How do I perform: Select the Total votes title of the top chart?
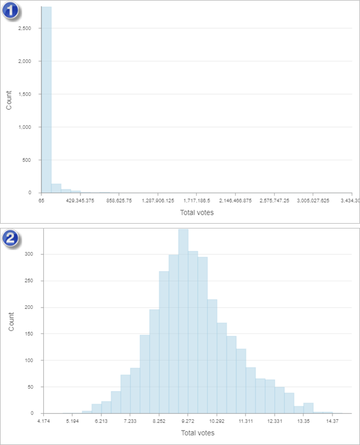[197, 212]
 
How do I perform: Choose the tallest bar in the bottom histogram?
[183, 321]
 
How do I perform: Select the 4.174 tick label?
[44, 422]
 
